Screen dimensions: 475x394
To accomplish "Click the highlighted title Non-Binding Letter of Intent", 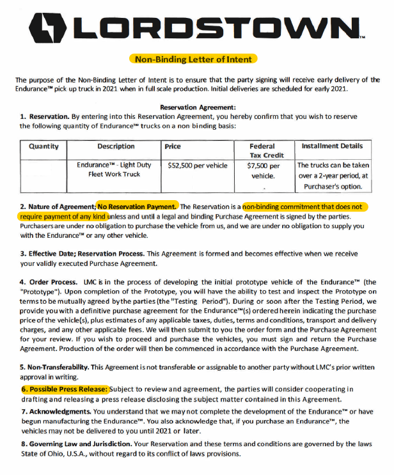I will coord(194,59).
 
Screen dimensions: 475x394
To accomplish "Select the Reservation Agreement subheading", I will coord(198,107).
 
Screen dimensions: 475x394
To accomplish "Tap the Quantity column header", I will coord(43,146).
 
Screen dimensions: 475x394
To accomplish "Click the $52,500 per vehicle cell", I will coord(198,165).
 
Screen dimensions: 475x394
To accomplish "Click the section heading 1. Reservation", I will coord(42,116).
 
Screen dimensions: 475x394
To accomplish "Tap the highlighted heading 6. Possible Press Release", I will coord(64,389).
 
